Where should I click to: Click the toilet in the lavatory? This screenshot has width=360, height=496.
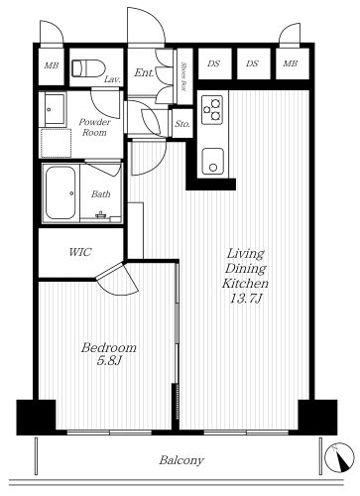(x=88, y=67)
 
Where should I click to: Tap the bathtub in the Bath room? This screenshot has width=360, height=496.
(x=60, y=192)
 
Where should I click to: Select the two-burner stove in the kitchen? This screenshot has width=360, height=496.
(x=212, y=109)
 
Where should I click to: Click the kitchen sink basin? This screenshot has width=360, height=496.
(x=212, y=161)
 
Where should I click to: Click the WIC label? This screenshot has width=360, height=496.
(x=79, y=252)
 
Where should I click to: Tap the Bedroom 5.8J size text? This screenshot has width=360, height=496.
(x=109, y=361)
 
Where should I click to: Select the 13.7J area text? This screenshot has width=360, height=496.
(x=246, y=299)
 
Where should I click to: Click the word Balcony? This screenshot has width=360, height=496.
(x=181, y=460)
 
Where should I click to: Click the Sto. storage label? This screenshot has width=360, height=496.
(x=182, y=124)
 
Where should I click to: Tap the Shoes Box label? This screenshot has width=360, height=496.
(x=184, y=77)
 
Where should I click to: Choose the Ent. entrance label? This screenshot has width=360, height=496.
(x=144, y=72)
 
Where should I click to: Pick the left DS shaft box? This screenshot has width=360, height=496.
(x=214, y=63)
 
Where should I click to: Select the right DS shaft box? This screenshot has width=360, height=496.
(x=253, y=63)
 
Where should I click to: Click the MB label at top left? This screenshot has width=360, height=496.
(x=52, y=65)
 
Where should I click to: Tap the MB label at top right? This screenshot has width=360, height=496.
(x=291, y=63)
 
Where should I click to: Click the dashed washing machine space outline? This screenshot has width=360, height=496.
(x=56, y=143)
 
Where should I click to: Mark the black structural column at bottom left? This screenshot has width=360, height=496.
(x=36, y=418)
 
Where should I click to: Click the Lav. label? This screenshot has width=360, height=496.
(x=112, y=79)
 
